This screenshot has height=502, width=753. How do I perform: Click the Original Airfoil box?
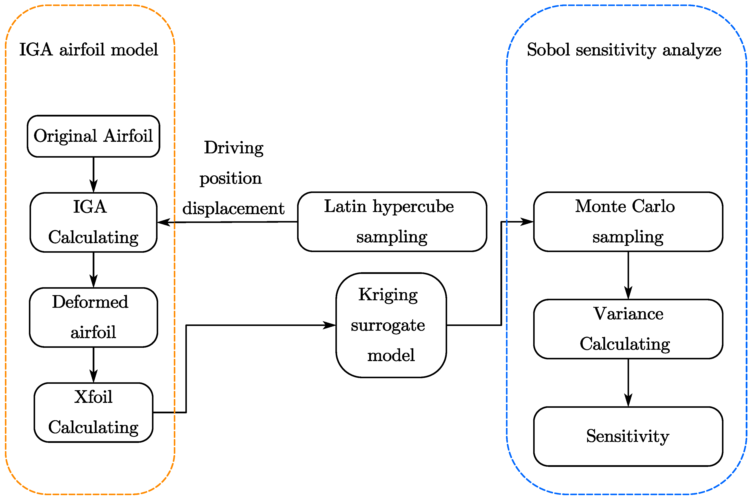point(93,136)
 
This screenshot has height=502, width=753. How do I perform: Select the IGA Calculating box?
point(93,222)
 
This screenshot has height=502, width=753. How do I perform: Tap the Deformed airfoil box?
point(93,317)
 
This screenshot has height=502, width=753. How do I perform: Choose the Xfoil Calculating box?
point(93,412)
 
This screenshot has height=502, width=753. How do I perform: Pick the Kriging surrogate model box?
point(391,325)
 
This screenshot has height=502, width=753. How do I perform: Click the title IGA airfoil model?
point(89,50)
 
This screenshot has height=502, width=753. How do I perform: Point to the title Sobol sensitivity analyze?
point(624,50)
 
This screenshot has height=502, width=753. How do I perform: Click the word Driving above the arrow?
point(234,148)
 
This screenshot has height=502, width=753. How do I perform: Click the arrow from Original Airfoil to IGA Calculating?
point(93,175)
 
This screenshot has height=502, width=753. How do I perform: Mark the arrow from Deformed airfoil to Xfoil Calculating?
point(93,365)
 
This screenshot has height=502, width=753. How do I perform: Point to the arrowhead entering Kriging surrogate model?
point(329,325)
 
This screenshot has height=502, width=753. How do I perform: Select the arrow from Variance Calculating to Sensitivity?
point(628,382)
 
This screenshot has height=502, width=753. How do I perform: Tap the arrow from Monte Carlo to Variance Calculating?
point(628,275)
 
